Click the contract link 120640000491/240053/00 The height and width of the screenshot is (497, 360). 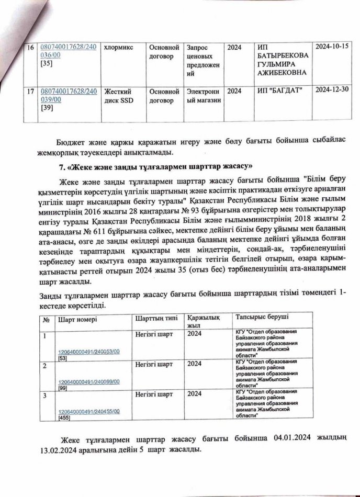point(88,353)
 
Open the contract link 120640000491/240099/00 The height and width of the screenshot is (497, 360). point(88,382)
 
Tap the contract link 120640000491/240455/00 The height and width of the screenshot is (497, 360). point(88,412)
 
